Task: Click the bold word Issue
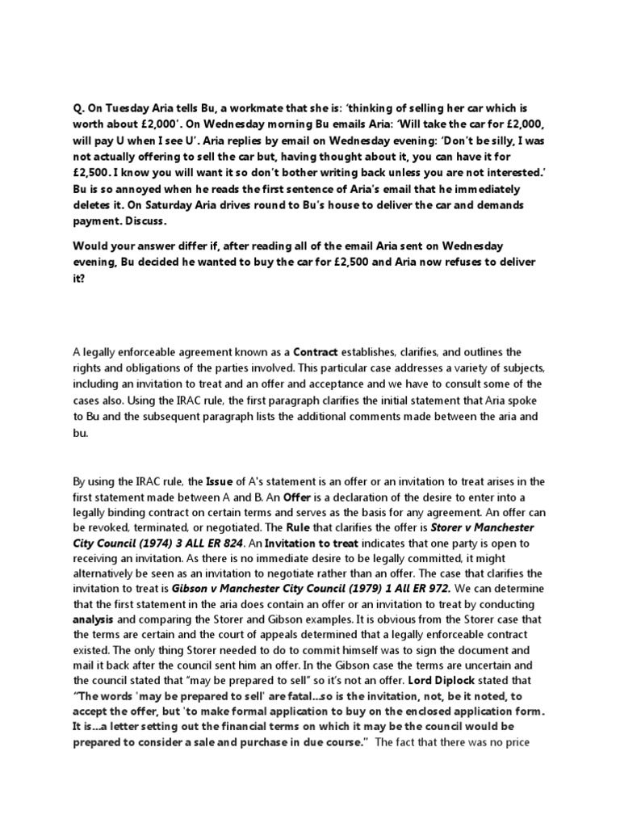(x=222, y=481)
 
